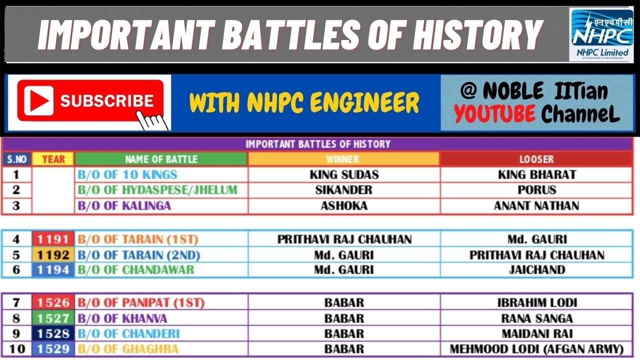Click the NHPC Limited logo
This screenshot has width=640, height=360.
click(601, 35)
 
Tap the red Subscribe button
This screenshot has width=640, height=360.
click(90, 101)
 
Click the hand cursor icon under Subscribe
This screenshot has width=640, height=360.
click(152, 120)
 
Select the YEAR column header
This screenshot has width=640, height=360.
click(53, 159)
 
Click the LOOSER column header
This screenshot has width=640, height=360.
click(536, 159)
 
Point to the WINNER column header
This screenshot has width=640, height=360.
click(343, 159)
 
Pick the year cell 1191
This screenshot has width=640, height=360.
click(53, 239)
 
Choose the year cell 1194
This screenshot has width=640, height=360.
click(53, 270)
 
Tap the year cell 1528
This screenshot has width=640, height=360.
click(53, 333)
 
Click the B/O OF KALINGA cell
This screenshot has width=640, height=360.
click(124, 205)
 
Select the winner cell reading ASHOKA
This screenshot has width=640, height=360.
click(344, 205)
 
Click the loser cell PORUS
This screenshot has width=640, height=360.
click(536, 190)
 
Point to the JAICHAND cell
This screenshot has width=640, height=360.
click(536, 270)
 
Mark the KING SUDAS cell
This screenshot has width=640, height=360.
click(344, 174)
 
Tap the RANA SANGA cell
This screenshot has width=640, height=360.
click(536, 318)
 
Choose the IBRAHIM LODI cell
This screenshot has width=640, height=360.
click(536, 303)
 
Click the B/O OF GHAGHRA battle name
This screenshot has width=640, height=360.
click(128, 349)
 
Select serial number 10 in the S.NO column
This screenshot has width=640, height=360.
click(17, 349)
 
